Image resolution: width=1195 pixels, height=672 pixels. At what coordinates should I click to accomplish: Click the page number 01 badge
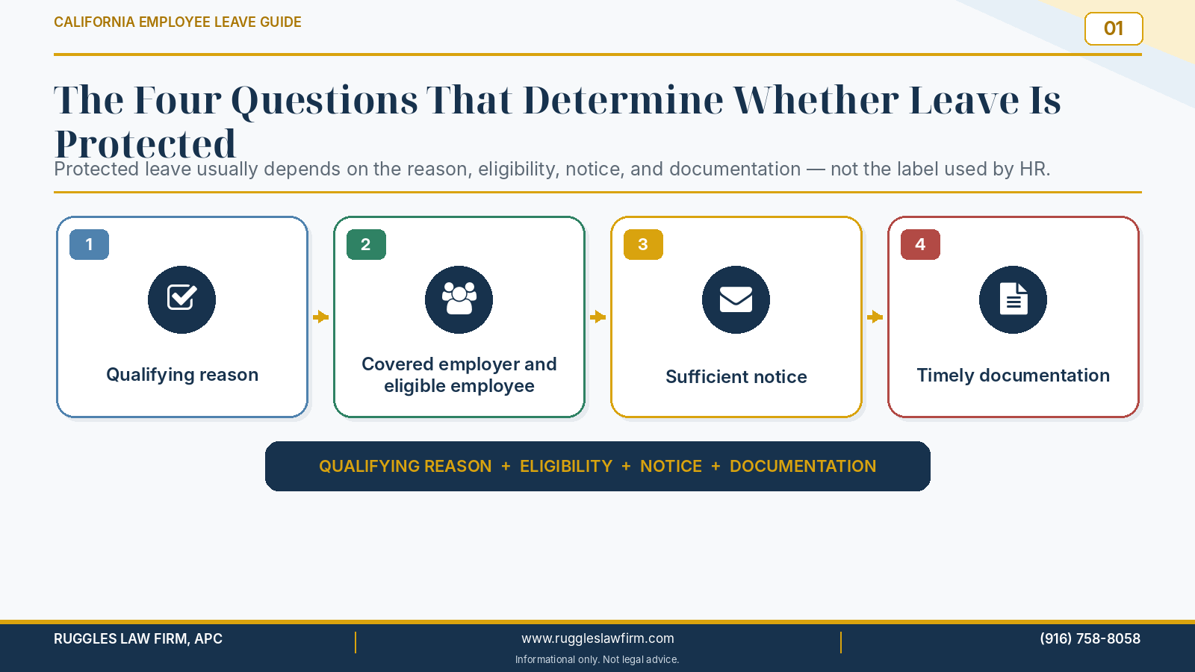coord(1114,29)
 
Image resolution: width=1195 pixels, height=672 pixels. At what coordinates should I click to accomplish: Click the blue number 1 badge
coord(89,244)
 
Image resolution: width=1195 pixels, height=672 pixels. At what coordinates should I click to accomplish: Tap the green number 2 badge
coord(366,244)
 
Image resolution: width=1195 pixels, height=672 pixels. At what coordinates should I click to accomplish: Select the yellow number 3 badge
coord(643,244)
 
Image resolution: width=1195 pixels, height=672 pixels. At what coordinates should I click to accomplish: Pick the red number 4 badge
coord(920,244)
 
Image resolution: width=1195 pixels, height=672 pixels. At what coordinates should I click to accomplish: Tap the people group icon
coord(459,299)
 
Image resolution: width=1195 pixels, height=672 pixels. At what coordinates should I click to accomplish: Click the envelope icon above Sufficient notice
coord(736,299)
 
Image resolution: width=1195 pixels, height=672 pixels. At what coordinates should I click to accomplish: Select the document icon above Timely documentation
coord(1013,299)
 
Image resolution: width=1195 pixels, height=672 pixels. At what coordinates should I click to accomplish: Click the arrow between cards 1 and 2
coord(320,317)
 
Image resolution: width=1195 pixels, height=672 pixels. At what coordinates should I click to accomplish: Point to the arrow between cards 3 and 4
coord(875,317)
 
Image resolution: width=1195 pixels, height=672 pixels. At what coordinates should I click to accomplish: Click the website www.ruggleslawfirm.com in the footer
coord(597,638)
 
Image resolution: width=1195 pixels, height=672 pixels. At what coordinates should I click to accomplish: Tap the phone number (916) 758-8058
coord(1090,638)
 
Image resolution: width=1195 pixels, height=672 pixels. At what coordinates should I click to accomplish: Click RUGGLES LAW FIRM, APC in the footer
coord(138,638)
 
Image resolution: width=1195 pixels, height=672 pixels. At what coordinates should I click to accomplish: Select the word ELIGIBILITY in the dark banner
coord(566,466)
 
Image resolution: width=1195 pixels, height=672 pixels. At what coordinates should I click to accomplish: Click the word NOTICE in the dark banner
coord(671,466)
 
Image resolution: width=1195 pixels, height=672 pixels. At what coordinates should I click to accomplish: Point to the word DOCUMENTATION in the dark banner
coord(803,466)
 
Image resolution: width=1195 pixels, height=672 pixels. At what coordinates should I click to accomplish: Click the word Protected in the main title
coord(145,144)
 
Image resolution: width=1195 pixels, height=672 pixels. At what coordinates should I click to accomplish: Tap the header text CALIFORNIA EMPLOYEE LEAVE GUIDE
coord(178,22)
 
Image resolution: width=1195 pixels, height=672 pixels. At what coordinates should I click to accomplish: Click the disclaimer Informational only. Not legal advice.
coord(597,660)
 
